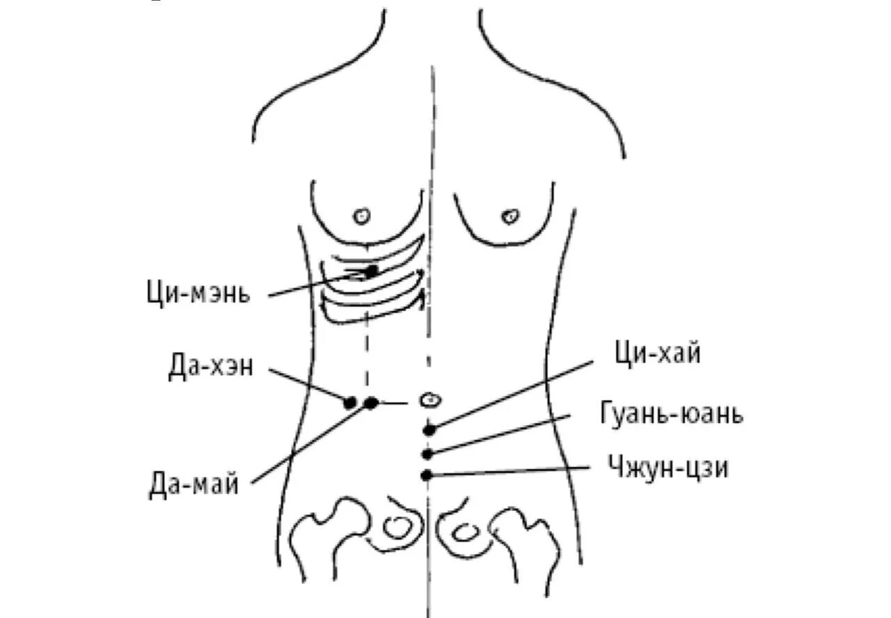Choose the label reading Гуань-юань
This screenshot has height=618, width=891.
click(x=671, y=414)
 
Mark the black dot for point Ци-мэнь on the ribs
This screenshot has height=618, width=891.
click(x=372, y=270)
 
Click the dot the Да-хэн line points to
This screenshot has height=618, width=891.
click(x=350, y=402)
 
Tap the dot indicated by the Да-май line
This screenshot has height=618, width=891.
click(x=371, y=402)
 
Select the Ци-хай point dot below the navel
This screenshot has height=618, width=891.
click(x=429, y=429)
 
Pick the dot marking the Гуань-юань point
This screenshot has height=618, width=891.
click(x=428, y=454)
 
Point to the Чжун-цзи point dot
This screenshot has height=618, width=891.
click(x=427, y=475)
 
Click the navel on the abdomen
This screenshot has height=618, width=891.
click(x=431, y=400)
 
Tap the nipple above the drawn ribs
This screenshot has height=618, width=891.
click(x=361, y=216)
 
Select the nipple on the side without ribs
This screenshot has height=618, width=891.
click(x=511, y=216)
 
